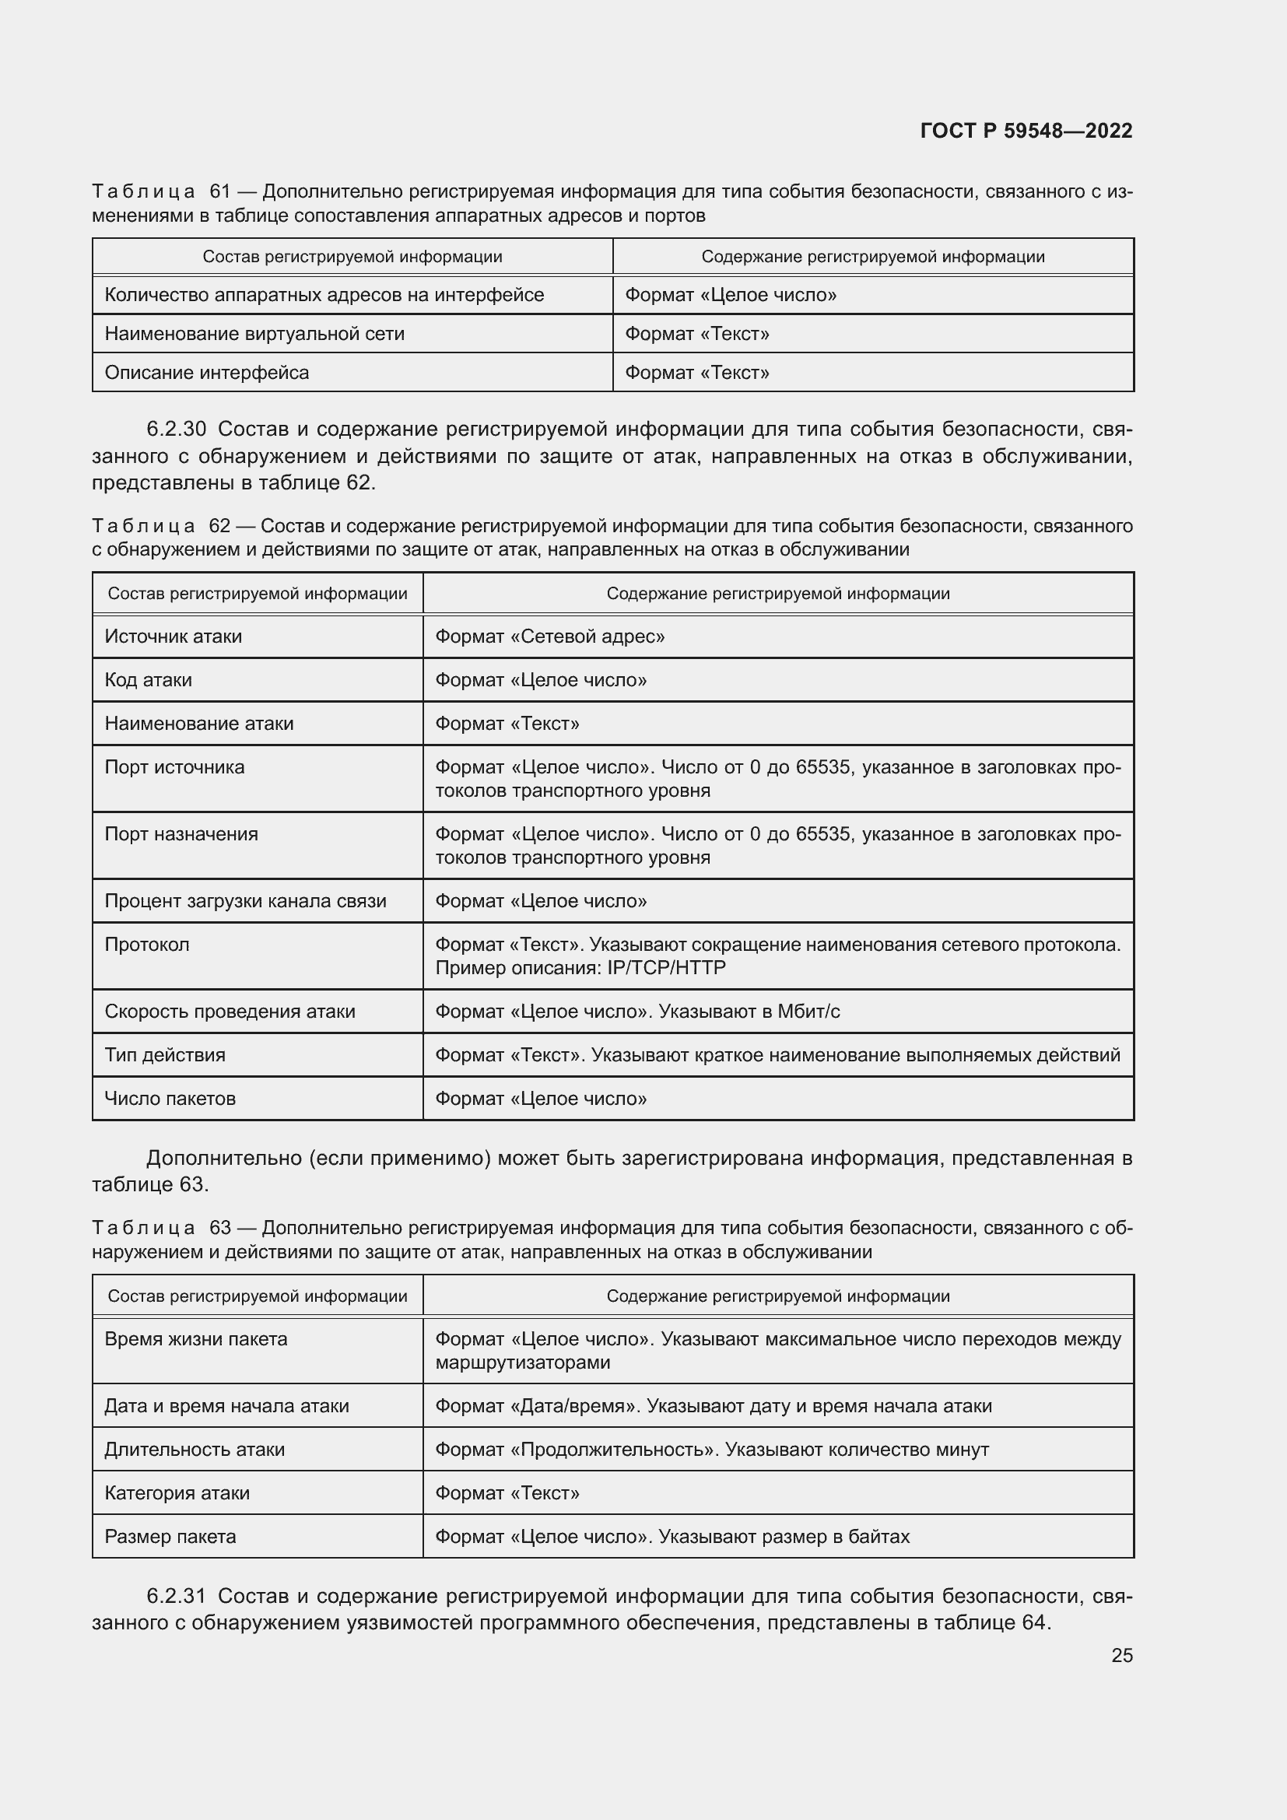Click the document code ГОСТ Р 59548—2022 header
(x=1026, y=131)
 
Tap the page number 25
(x=1121, y=1655)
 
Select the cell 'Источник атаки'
(x=173, y=636)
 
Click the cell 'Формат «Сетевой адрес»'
(x=549, y=636)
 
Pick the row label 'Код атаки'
(x=148, y=680)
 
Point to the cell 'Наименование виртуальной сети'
(x=254, y=334)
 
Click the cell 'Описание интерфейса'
(x=207, y=373)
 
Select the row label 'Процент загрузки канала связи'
(x=245, y=901)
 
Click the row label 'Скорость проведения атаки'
(x=230, y=1012)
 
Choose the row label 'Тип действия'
(x=165, y=1055)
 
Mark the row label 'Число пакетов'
(x=170, y=1099)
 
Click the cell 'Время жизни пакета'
(x=196, y=1339)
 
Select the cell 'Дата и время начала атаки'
(x=226, y=1405)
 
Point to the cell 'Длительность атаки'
(x=195, y=1449)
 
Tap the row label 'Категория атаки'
(x=177, y=1492)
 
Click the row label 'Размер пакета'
(x=170, y=1536)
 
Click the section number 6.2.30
(x=176, y=430)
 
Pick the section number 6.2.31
(x=176, y=1596)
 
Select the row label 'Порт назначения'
(x=181, y=834)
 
